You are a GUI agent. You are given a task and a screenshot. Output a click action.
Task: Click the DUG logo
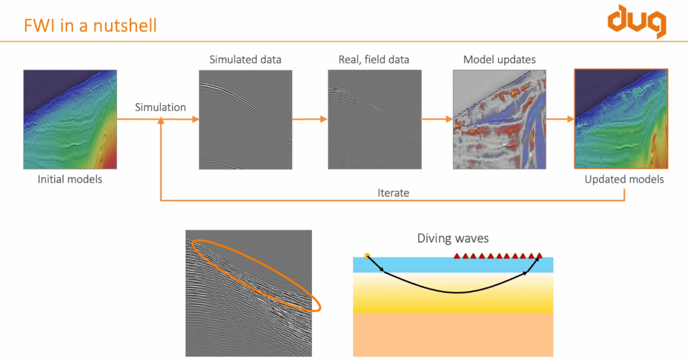[636, 20]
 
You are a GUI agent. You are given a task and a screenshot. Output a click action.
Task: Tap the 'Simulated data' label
[245, 60]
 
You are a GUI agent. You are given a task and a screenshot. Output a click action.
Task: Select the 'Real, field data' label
[374, 60]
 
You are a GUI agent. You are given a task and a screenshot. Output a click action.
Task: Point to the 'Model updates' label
[499, 60]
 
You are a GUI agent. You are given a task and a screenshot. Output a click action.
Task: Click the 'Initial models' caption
[70, 179]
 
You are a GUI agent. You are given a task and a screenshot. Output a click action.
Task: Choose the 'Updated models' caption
[624, 179]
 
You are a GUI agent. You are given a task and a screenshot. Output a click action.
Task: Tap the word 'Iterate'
[393, 193]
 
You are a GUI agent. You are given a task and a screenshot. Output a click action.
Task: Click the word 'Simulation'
[161, 107]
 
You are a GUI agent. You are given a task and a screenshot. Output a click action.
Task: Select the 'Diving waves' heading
[453, 239]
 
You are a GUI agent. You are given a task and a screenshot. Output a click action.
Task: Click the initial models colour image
[70, 120]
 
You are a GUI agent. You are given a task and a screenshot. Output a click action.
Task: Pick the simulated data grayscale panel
[245, 120]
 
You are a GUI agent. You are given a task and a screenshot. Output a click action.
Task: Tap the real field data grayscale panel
[374, 120]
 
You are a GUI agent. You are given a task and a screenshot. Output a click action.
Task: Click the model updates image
[499, 120]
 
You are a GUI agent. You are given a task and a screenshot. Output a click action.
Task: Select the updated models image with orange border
[621, 119]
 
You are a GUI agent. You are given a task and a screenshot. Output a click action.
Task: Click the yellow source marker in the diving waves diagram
[367, 256]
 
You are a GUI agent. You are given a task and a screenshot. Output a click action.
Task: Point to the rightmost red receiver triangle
[539, 255]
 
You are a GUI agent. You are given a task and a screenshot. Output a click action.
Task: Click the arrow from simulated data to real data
[310, 119]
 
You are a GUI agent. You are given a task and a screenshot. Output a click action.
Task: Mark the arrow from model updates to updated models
[560, 119]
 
